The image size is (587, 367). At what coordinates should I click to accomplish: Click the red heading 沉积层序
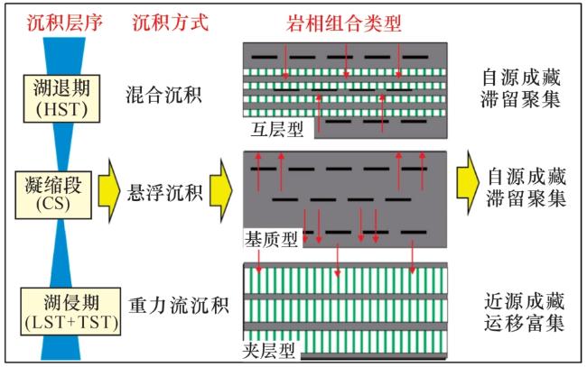[65, 23]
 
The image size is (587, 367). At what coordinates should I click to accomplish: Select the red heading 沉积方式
[170, 23]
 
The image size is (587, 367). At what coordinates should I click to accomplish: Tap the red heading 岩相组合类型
[344, 23]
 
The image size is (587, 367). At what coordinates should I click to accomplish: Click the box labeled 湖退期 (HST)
[61, 98]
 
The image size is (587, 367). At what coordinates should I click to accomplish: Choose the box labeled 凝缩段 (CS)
[53, 195]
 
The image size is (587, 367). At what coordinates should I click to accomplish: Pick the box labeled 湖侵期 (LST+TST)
[71, 311]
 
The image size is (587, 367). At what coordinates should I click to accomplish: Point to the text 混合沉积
[163, 95]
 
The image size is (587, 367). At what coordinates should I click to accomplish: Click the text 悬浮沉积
[164, 192]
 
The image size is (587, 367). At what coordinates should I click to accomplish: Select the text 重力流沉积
[178, 306]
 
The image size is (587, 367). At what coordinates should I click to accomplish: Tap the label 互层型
[277, 129]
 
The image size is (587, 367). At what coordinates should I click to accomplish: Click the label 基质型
[271, 238]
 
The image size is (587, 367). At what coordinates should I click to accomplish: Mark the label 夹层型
[269, 350]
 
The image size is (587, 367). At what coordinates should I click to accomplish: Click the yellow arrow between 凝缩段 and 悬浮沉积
[109, 190]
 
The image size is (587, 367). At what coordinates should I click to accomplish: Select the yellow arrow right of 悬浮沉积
[221, 190]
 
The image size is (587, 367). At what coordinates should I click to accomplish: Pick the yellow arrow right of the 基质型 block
[468, 182]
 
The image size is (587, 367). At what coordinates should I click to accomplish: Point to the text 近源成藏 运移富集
[524, 312]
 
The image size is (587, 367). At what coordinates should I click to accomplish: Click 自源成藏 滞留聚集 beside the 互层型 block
[521, 89]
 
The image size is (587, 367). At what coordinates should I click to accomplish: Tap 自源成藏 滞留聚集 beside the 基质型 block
[526, 188]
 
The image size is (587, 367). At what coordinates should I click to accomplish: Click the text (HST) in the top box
[61, 110]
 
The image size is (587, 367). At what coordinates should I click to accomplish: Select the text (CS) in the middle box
[53, 204]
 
